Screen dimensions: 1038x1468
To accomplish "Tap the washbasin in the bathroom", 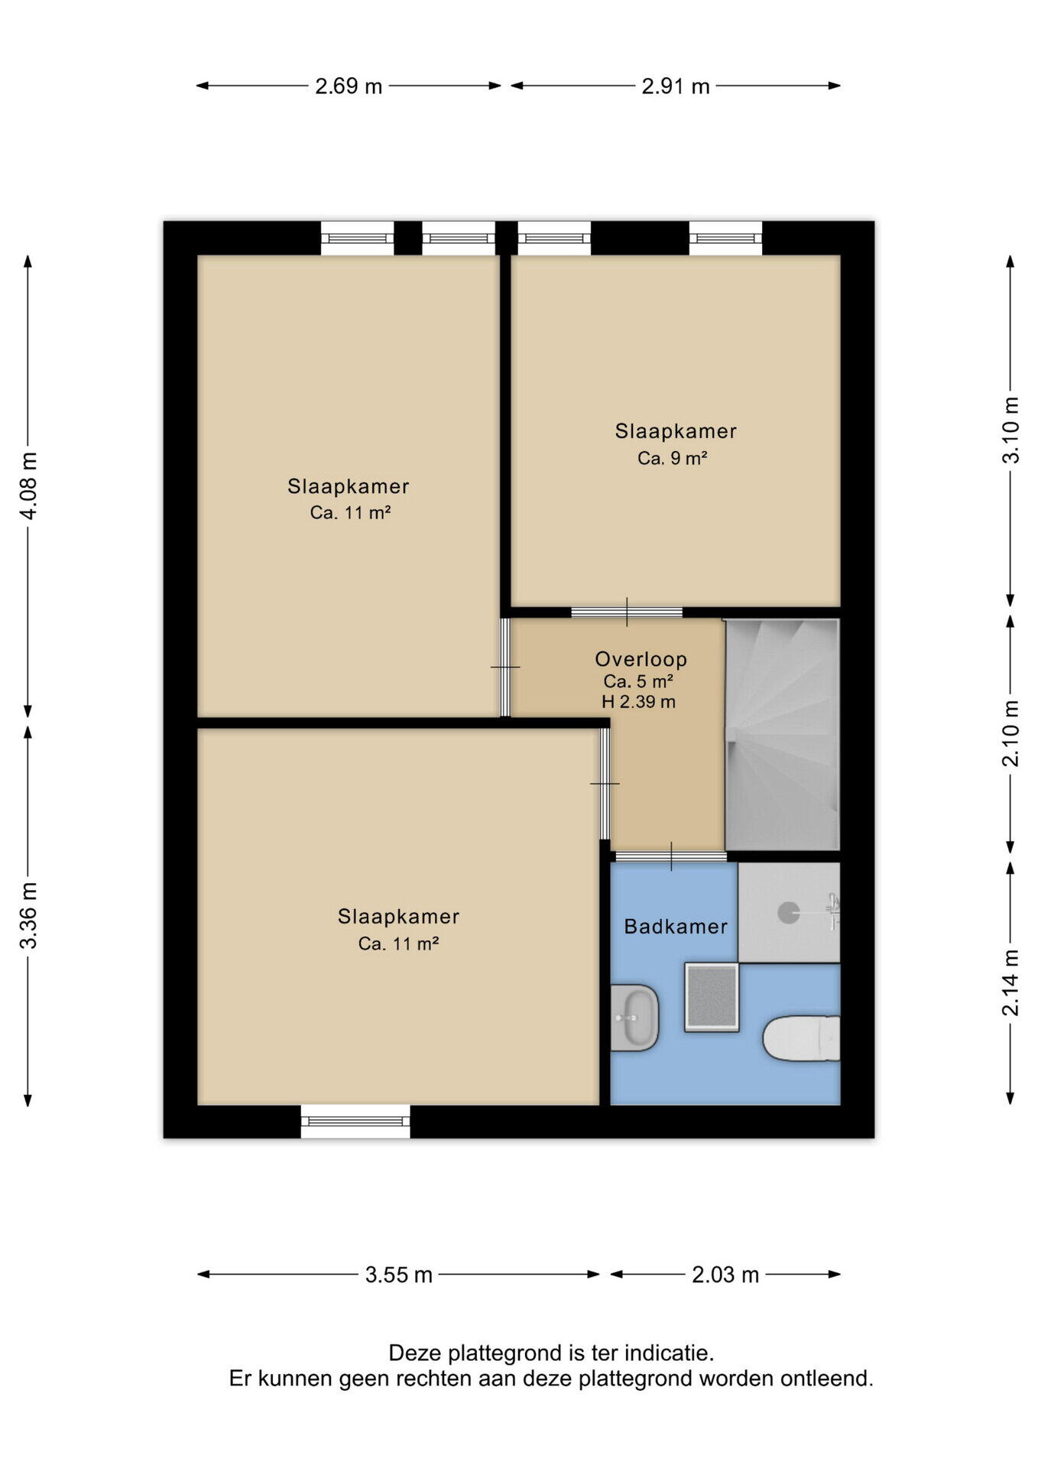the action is [x=634, y=1018].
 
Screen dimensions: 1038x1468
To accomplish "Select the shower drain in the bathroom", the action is [x=788, y=911].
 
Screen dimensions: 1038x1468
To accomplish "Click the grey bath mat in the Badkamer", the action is [x=712, y=997].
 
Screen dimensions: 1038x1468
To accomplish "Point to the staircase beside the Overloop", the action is [x=783, y=734].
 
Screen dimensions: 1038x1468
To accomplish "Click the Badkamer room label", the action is [x=676, y=927].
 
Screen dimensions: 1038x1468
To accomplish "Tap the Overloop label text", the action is [x=641, y=659].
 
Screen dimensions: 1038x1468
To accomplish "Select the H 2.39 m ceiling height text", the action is [x=638, y=702].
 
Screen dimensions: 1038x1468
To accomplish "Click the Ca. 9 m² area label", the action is [x=673, y=458].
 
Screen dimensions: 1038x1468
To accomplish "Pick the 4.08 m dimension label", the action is [x=28, y=486].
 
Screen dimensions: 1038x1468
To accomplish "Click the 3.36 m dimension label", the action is [x=28, y=915].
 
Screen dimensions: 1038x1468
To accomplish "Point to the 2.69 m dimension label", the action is [x=349, y=86].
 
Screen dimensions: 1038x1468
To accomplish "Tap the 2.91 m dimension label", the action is [x=676, y=86].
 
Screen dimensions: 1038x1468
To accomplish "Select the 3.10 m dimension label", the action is [x=1010, y=430].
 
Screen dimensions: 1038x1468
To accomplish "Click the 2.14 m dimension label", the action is [x=1010, y=982].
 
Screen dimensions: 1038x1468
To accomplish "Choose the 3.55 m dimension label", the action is [x=399, y=1275].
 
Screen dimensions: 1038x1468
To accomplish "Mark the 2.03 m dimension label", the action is [x=725, y=1275].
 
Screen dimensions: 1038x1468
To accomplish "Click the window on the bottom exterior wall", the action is [x=355, y=1122].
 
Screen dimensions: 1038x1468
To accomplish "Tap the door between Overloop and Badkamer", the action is [x=671, y=856].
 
